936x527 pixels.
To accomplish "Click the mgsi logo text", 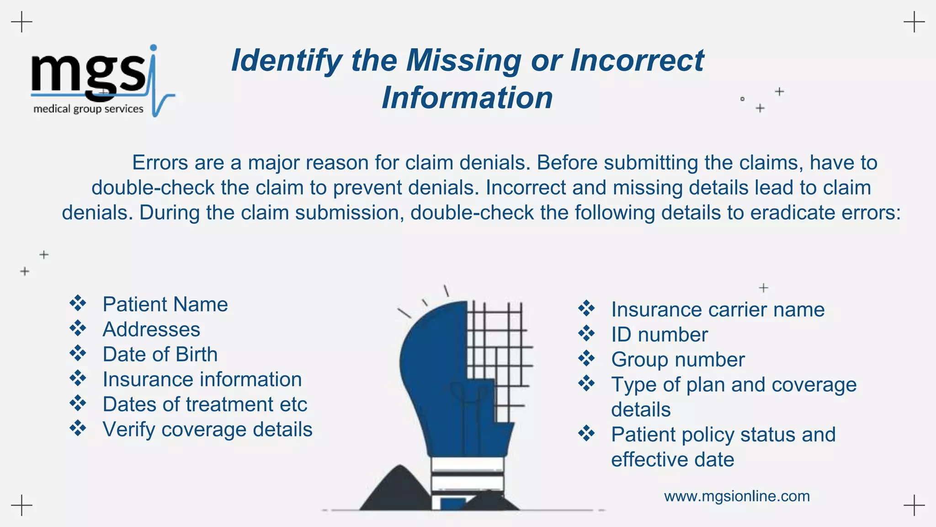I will (89, 73).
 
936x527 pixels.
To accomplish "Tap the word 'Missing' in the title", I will (463, 60).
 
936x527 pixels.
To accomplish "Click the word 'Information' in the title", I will (467, 98).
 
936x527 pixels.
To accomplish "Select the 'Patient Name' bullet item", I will (165, 305).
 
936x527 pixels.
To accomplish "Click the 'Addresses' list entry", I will (151, 329).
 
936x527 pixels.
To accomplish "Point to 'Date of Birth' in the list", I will (160, 355).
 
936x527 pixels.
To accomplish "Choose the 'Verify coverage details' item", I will (207, 430).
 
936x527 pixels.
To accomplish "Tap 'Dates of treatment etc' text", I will (205, 404).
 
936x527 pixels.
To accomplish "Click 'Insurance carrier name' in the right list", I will (718, 310).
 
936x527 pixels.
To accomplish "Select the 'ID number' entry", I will (659, 335).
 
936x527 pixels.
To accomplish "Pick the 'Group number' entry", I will (678, 360).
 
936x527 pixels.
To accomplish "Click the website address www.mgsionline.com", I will (737, 496).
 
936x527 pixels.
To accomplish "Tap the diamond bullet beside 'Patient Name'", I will (78, 303).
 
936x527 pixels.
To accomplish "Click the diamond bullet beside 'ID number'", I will (586, 333).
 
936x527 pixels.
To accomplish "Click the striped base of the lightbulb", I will (467, 476).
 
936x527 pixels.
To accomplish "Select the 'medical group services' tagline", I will (88, 109).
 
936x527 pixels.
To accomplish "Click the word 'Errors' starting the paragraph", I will (160, 163).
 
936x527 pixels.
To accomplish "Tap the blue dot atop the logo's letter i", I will (154, 47).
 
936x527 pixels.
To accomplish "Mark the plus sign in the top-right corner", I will (914, 22).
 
